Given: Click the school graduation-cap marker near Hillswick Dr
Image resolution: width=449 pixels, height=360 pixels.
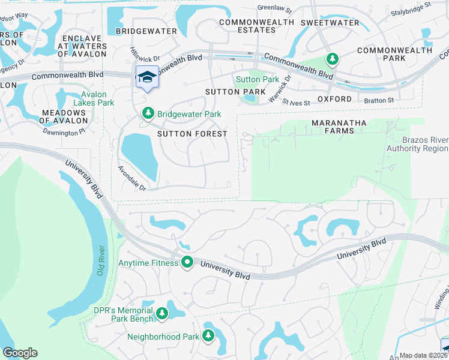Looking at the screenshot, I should [x=147, y=78].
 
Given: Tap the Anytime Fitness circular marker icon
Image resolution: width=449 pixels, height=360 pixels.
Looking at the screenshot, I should [x=187, y=262].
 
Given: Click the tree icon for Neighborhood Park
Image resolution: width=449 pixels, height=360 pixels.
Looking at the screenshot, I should [x=208, y=335].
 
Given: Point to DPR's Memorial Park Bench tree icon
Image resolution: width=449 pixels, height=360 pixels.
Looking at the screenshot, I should [x=161, y=314].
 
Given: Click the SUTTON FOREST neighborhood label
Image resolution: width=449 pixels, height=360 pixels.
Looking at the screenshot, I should [x=192, y=134].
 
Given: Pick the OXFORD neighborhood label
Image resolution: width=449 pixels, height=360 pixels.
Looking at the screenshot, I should [x=334, y=99].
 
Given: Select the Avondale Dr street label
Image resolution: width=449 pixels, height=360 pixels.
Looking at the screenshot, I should [x=131, y=178].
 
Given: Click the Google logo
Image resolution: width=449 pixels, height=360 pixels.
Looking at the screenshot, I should [x=20, y=353].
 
